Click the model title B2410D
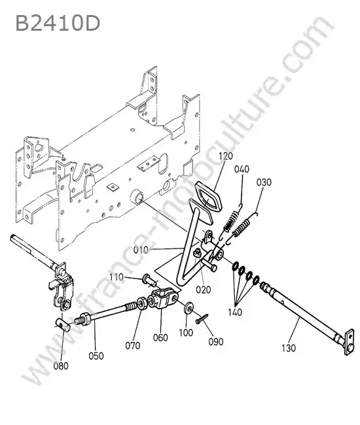click(58, 23)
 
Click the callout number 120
click(226, 156)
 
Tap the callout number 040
click(242, 169)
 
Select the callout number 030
click(264, 182)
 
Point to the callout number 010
click(141, 250)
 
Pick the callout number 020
click(203, 290)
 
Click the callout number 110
click(117, 277)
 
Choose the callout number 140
click(235, 313)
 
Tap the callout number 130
click(289, 348)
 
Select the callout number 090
click(216, 341)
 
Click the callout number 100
click(186, 333)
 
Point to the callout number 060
click(160, 337)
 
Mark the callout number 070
click(133, 346)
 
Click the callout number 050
click(96, 356)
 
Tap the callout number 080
click(61, 366)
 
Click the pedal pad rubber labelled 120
click(208, 197)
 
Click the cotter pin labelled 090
click(202, 318)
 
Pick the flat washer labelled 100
click(189, 308)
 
